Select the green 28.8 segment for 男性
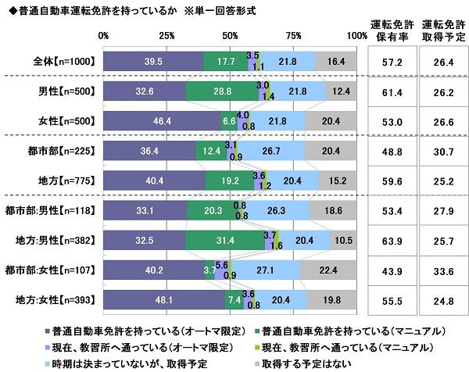coord(223,91)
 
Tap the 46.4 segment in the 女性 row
coord(163,122)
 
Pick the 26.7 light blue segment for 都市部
coord(271,151)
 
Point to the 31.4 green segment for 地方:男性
coord(225,240)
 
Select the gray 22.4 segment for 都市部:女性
coord(328,270)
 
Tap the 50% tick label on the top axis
coord(231,36)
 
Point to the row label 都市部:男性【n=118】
coord(50,210)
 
